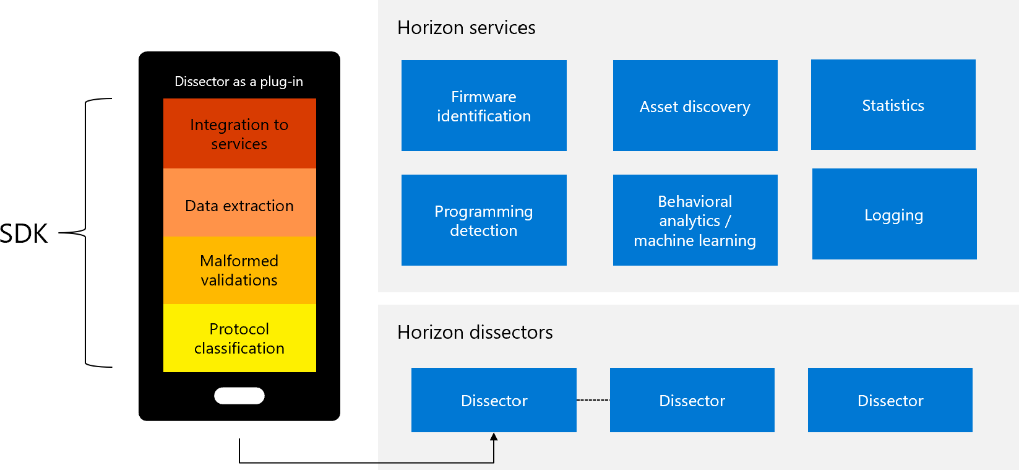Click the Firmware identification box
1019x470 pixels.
[x=484, y=106]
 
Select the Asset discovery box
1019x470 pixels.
[x=695, y=106]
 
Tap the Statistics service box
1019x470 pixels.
[x=893, y=105]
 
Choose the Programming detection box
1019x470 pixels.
[x=484, y=220]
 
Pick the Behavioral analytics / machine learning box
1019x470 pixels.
[x=695, y=220]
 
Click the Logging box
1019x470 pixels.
[x=895, y=214]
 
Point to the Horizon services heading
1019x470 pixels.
[x=467, y=28]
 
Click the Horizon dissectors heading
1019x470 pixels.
[x=475, y=333]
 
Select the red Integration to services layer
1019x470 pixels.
[x=239, y=133]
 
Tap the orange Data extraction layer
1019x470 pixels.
[x=239, y=202]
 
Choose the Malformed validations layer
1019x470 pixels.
[x=239, y=271]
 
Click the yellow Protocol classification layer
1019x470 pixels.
[x=239, y=338]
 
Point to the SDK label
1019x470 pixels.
[x=24, y=233]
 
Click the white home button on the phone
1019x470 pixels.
[x=239, y=396]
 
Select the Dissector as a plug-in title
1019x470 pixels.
[x=239, y=82]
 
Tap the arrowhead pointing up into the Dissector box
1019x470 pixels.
[x=494, y=437]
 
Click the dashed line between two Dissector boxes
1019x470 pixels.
[x=593, y=400]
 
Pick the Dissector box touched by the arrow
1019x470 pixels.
[x=494, y=400]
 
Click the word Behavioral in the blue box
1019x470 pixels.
[x=695, y=201]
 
